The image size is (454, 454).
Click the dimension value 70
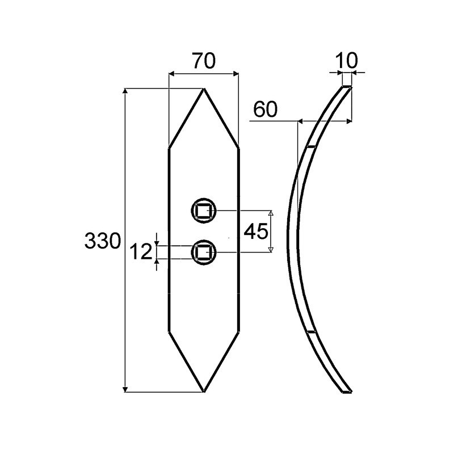[x=203, y=61]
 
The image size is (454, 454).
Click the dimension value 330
[x=103, y=241]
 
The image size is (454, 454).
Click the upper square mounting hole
[x=203, y=211]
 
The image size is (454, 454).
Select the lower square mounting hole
[x=203, y=251]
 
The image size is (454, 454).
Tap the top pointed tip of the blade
[x=203, y=89]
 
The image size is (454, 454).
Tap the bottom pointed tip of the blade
[x=203, y=391]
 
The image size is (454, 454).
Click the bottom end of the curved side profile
[x=347, y=391]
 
